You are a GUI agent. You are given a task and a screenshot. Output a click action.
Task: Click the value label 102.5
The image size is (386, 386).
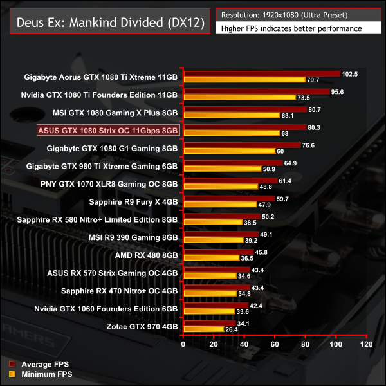[x=349, y=74]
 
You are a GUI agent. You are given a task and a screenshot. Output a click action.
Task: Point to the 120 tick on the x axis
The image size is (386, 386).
[x=366, y=345]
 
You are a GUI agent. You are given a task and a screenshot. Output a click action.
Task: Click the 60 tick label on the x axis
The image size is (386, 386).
[x=275, y=345]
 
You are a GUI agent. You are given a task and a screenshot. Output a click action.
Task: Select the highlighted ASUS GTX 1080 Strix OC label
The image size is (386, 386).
[x=107, y=131]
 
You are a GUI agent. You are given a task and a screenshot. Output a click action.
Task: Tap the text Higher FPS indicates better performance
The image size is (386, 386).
[x=290, y=28]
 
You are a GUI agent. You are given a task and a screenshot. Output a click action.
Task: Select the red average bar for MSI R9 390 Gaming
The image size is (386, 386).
[x=221, y=234]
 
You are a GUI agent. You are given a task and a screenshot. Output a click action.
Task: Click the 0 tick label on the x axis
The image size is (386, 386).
[x=183, y=345]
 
